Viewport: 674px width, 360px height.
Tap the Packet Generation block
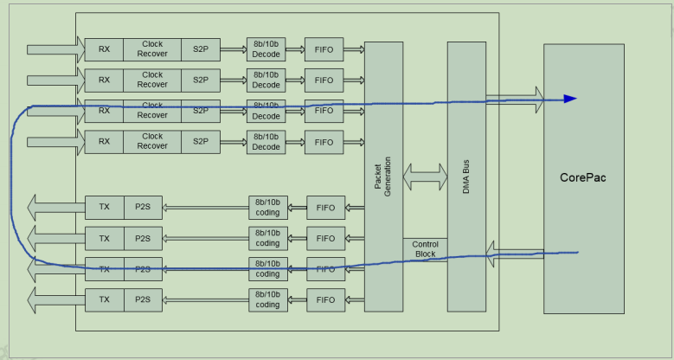click(x=383, y=177)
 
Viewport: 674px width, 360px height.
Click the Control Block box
click(x=425, y=249)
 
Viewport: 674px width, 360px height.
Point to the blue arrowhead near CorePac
click(x=569, y=99)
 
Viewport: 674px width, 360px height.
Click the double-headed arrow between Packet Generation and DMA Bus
click(x=425, y=176)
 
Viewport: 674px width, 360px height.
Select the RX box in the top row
click(x=104, y=48)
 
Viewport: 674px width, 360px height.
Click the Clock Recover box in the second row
click(x=152, y=80)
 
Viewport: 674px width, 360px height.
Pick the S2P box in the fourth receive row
click(x=201, y=142)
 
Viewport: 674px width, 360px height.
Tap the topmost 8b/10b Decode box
click(x=266, y=49)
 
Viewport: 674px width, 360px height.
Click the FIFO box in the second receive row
click(x=324, y=80)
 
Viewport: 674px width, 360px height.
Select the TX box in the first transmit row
click(x=104, y=207)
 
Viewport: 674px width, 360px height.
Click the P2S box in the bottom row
click(x=142, y=299)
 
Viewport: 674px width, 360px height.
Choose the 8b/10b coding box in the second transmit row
click(x=267, y=238)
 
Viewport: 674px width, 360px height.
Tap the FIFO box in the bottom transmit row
click(x=326, y=299)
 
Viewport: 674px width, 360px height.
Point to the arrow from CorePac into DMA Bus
click(x=516, y=253)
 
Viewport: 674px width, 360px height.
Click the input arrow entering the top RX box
click(x=55, y=49)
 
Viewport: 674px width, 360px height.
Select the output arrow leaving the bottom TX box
click(x=55, y=299)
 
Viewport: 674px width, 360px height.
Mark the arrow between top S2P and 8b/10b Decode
click(x=233, y=49)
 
